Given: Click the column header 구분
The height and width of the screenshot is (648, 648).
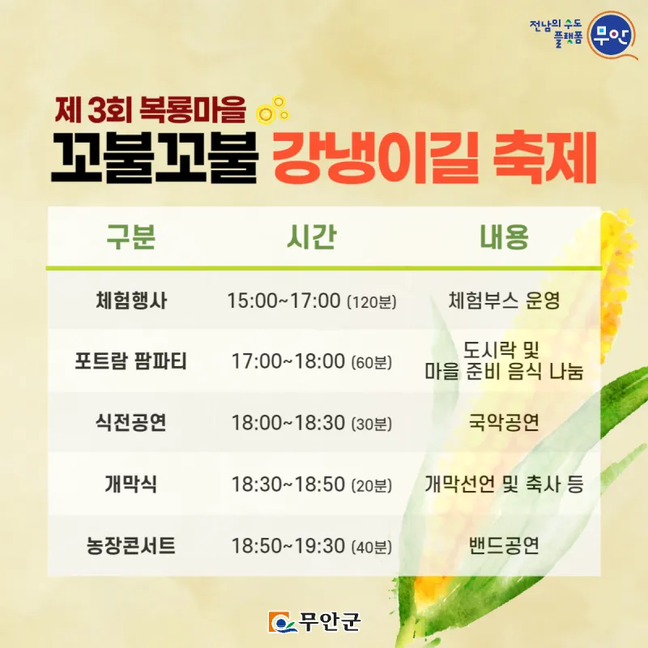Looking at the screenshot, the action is pyautogui.click(x=130, y=237).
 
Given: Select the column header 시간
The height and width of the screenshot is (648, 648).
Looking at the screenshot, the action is pyautogui.click(x=312, y=237).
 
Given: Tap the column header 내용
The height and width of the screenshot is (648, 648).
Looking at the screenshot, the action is pyautogui.click(x=504, y=237).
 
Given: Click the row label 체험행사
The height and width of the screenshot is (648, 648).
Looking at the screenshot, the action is pyautogui.click(x=131, y=301).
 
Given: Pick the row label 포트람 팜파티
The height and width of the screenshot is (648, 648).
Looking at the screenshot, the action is pyautogui.click(x=130, y=360).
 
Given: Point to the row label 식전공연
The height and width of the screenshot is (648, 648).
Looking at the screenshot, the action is pyautogui.click(x=130, y=422).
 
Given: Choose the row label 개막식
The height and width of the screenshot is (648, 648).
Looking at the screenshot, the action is pyautogui.click(x=130, y=484).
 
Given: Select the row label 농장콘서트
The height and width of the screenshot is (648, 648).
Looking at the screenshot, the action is pyautogui.click(x=130, y=545).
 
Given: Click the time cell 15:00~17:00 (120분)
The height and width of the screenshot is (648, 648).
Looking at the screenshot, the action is pyautogui.click(x=312, y=301).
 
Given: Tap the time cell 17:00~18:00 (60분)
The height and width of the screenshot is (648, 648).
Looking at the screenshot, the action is pyautogui.click(x=312, y=361).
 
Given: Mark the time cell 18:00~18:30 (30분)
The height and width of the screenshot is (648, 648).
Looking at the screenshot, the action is pyautogui.click(x=312, y=423).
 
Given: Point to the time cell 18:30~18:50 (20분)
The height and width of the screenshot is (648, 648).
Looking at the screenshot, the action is pyautogui.click(x=312, y=484).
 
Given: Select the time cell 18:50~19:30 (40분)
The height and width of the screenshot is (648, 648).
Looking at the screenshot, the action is pyautogui.click(x=312, y=546).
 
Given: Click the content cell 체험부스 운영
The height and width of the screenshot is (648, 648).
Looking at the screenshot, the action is pyautogui.click(x=504, y=301).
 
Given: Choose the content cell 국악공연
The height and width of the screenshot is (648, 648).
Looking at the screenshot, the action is pyautogui.click(x=504, y=422).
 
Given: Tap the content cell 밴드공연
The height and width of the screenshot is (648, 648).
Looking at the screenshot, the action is pyautogui.click(x=504, y=545).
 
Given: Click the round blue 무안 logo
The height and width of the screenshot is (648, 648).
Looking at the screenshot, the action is pyautogui.click(x=611, y=36).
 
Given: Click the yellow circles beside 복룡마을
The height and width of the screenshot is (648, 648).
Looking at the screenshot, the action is pyautogui.click(x=273, y=110).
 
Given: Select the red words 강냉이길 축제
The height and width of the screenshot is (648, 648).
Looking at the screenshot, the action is pyautogui.click(x=434, y=157).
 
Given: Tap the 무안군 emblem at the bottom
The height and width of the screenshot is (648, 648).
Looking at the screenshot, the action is pyautogui.click(x=314, y=622).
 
